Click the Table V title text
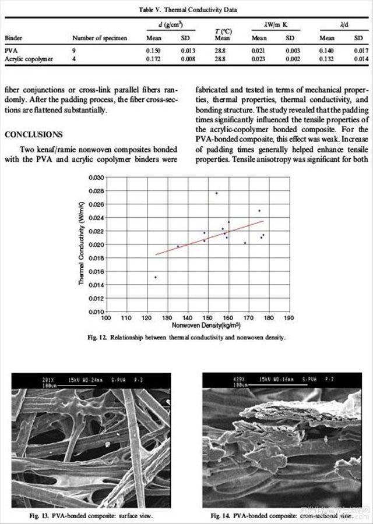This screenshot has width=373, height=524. coord(187,10)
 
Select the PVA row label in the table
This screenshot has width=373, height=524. coord(10,51)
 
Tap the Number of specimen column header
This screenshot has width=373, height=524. coord(100,38)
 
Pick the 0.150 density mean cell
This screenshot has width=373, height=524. coord(153,51)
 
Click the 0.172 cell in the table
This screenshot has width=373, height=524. coord(153,59)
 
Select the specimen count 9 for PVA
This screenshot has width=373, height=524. coord(74,51)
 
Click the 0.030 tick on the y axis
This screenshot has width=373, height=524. coord(96,177)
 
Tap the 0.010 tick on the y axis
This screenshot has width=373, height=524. coord(96,311)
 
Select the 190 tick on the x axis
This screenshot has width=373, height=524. coord(288,318)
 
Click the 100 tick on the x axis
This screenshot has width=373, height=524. coord(106,318)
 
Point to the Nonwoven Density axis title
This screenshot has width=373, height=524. coord(200,326)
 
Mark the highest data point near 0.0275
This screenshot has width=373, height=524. coord(216,193)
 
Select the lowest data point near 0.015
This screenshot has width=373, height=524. coord(156,277)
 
